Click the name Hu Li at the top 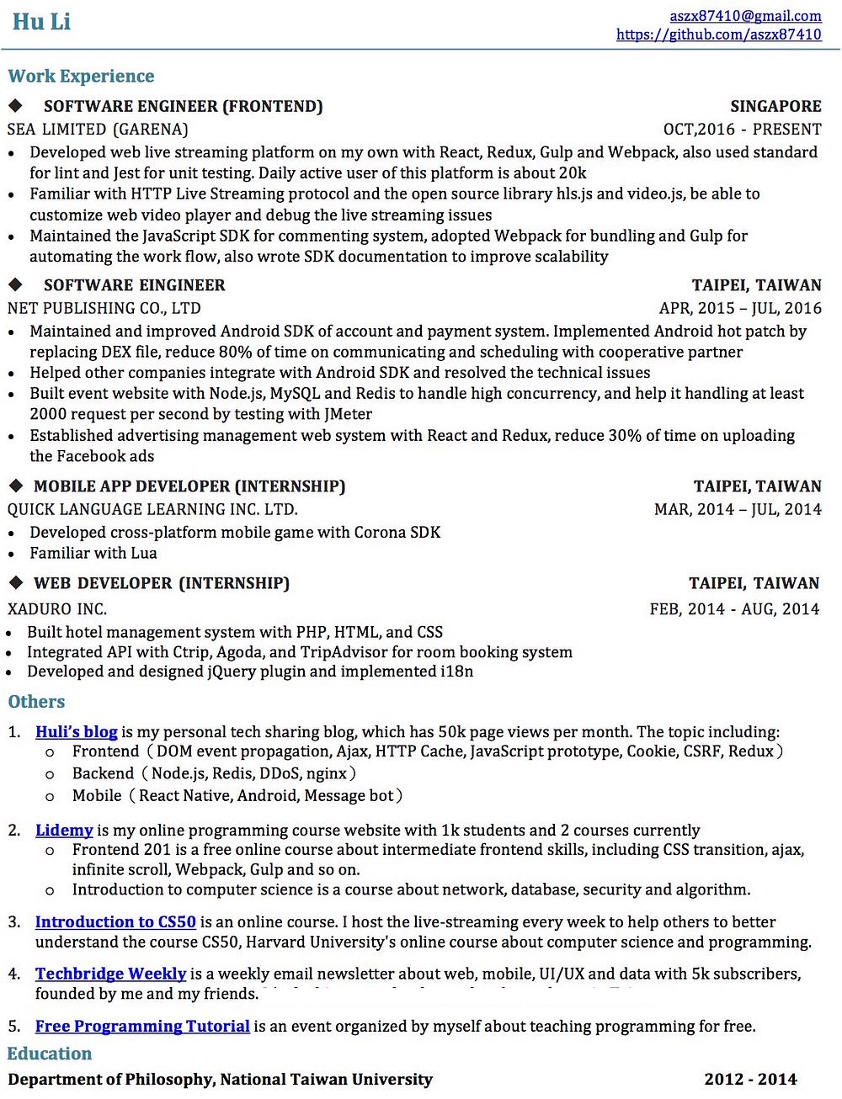(x=41, y=22)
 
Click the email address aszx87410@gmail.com (x=745, y=15)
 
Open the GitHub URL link (x=718, y=35)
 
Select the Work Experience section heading (x=81, y=76)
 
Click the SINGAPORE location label (x=775, y=106)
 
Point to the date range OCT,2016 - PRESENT (x=742, y=129)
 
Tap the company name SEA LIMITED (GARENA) (x=98, y=129)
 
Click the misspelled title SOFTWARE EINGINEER (x=135, y=285)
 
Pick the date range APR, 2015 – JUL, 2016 (x=740, y=308)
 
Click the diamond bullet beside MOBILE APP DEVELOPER (x=16, y=486)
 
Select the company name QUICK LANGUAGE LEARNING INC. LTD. (x=152, y=509)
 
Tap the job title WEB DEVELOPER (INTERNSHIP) (x=162, y=583)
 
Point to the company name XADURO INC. (x=57, y=608)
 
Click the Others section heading (x=36, y=702)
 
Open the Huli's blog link (x=76, y=732)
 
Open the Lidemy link (x=64, y=831)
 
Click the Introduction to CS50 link (x=115, y=922)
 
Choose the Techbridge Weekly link (x=110, y=974)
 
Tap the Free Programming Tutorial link (x=142, y=1026)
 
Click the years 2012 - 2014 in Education (x=750, y=1080)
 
